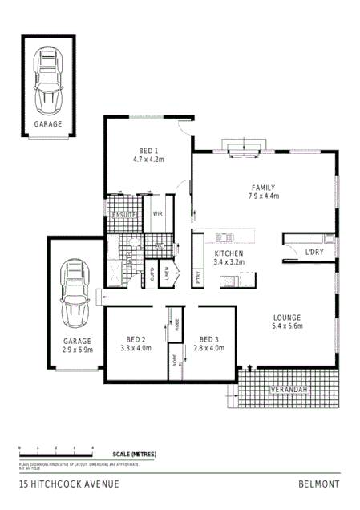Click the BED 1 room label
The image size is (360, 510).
(x=148, y=151)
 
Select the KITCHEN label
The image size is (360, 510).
(x=229, y=253)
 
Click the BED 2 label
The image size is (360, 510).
(x=136, y=339)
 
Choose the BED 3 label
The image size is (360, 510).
(x=208, y=339)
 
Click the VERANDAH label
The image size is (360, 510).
(x=289, y=390)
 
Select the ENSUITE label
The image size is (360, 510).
(x=123, y=216)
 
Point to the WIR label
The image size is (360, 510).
(x=158, y=213)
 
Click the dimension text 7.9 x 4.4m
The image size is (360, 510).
(x=263, y=195)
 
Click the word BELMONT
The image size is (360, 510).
(x=318, y=484)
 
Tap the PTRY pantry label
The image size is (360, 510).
(x=198, y=277)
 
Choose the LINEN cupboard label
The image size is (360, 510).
(x=167, y=275)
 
